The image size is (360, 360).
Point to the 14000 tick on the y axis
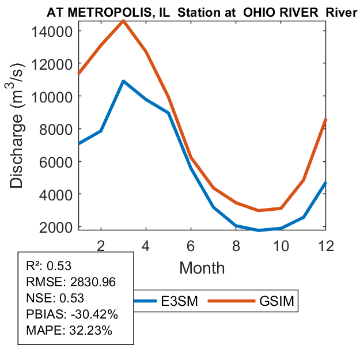click(55, 31)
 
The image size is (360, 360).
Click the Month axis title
click(202, 267)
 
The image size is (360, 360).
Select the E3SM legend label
click(180, 301)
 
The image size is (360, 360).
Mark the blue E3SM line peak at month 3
click(123, 81)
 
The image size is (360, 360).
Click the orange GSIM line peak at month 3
click(123, 21)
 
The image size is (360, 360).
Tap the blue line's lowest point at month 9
click(258, 230)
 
